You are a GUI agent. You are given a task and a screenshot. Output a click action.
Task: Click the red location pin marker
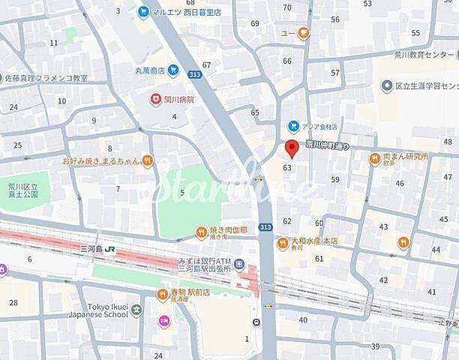[292, 146]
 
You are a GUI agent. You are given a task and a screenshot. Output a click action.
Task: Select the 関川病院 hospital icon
[155, 98]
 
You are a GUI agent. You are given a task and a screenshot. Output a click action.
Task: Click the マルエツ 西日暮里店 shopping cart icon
[142, 11]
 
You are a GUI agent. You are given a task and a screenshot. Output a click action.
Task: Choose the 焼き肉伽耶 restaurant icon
[201, 232]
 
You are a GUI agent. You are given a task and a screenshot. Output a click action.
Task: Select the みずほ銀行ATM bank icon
[238, 264]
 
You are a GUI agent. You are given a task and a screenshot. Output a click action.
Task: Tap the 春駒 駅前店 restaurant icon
[163, 295]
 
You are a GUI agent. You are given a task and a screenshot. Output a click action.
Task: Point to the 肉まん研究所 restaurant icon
[374, 157]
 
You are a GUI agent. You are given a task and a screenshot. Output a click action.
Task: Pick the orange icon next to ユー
[304, 32]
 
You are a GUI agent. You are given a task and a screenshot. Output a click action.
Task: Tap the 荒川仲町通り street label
[332, 145]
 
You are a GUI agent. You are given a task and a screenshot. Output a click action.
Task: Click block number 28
[13, 302]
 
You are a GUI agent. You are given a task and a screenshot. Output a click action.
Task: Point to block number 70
[286, 7]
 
